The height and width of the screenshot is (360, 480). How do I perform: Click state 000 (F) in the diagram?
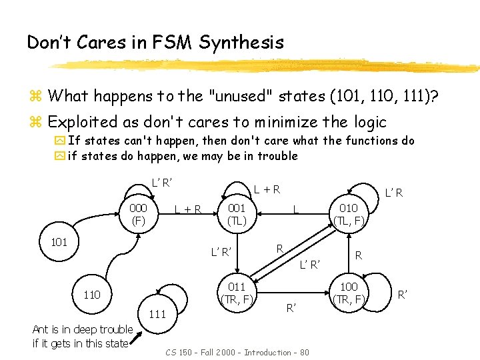pos(139,214)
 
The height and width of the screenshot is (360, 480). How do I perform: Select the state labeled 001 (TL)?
pos(237,214)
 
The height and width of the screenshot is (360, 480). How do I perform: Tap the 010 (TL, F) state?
pos(349,214)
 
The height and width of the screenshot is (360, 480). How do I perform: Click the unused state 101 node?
pos(59,242)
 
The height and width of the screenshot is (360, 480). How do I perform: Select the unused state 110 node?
pos(91,294)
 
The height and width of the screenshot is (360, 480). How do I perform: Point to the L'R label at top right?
pos(394,193)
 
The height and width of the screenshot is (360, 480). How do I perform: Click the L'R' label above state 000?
pos(163,182)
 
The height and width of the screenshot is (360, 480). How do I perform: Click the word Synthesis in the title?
pos(244,43)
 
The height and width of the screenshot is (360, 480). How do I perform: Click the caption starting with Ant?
pos(83,337)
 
